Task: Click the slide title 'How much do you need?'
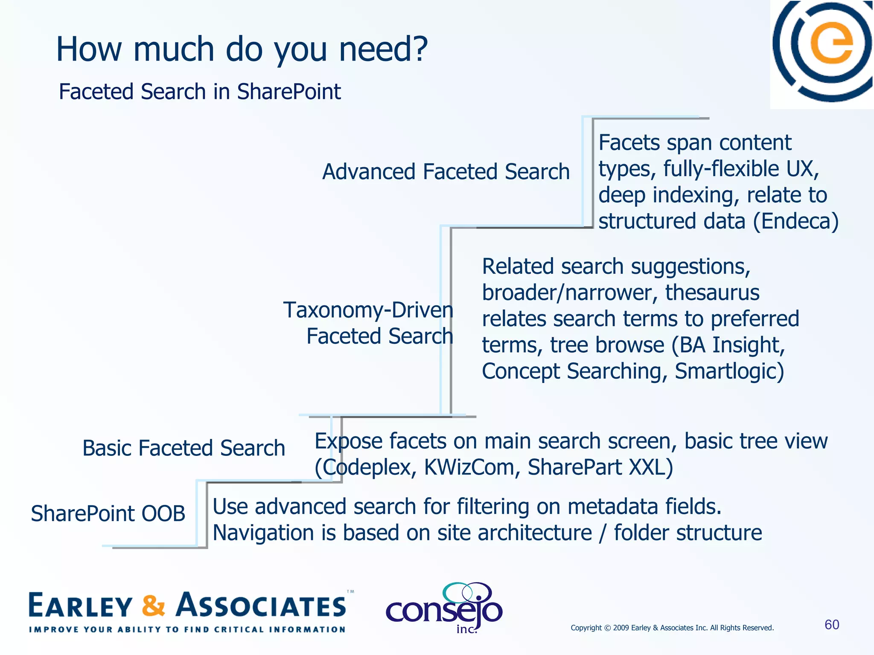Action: point(242,49)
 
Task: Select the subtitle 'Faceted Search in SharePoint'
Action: point(200,92)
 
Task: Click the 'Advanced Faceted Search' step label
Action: point(446,172)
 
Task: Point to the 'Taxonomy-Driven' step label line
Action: point(368,310)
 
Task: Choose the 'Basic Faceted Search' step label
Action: point(184,448)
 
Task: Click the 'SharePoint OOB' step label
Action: point(108,513)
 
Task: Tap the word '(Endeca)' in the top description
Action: point(795,221)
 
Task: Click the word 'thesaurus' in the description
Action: point(712,293)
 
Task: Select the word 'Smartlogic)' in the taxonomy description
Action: point(729,371)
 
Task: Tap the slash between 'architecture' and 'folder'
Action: point(603,533)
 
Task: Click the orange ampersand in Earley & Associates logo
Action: point(153,606)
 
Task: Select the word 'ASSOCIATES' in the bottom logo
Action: point(262,606)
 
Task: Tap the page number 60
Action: point(832,625)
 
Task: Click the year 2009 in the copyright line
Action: point(621,628)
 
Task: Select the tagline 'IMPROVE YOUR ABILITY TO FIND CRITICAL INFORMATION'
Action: point(187,629)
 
